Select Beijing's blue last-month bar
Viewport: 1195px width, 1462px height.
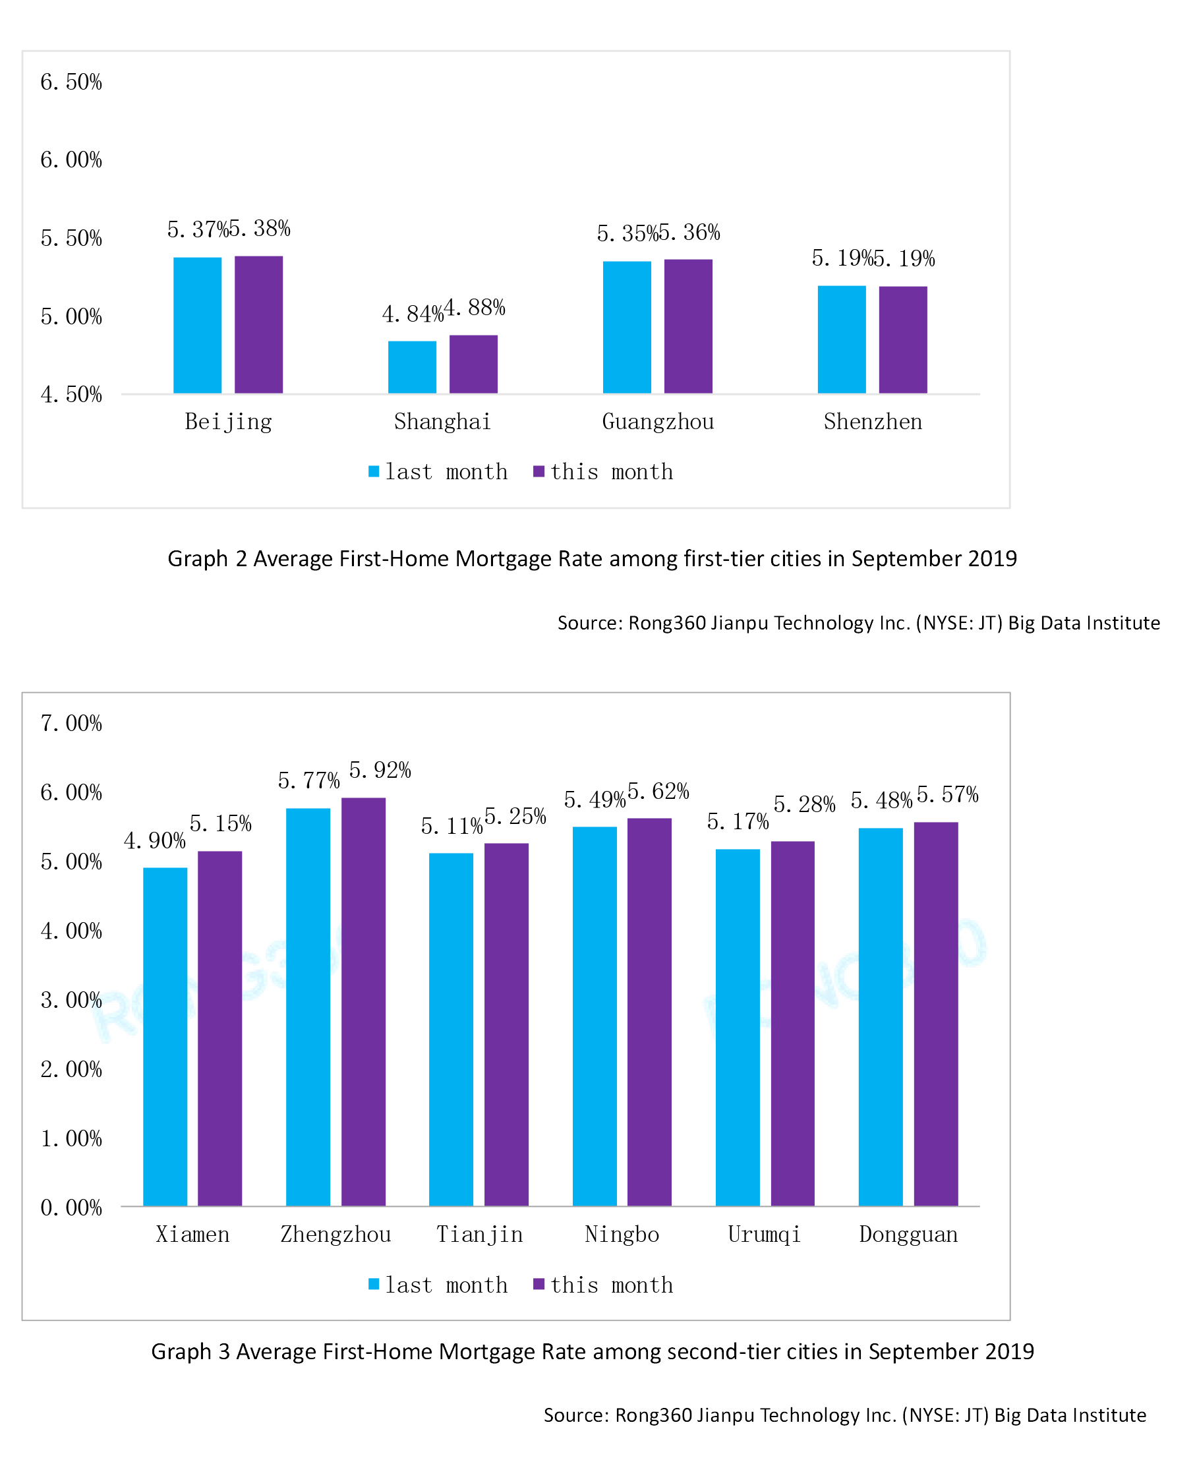click(198, 325)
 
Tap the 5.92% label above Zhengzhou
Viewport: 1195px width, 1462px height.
click(379, 771)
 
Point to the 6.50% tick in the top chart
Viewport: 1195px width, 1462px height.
click(71, 82)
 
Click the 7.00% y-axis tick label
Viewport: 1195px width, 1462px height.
click(71, 724)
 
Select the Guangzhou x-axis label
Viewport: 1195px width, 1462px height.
click(657, 421)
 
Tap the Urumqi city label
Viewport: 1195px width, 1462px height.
click(764, 1235)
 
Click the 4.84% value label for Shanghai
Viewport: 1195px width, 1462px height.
click(412, 314)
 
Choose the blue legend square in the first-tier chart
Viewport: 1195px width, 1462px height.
click(374, 471)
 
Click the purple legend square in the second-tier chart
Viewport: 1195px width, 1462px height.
click(539, 1285)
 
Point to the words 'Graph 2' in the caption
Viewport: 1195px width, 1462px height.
click(206, 558)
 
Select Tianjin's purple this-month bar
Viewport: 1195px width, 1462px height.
click(506, 1026)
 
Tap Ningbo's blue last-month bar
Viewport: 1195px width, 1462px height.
click(594, 1017)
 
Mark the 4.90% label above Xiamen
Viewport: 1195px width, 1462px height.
click(154, 840)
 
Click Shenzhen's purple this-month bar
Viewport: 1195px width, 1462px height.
click(902, 339)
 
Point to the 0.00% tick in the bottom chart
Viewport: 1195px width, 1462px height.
click(71, 1208)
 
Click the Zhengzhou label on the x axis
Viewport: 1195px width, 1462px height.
click(335, 1235)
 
